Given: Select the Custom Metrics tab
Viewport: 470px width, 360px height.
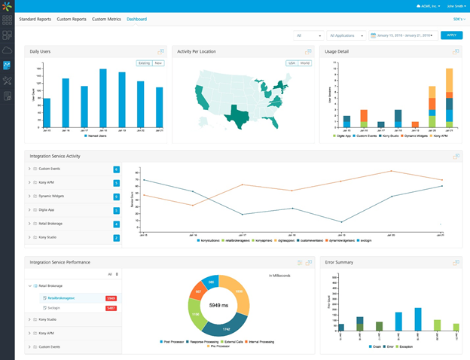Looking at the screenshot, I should pos(106,18).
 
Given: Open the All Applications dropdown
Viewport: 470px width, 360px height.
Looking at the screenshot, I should pos(346,35).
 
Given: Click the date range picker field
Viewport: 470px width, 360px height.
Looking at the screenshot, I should pos(404,35).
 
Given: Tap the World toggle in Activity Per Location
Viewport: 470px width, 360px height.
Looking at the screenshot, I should pos(304,63).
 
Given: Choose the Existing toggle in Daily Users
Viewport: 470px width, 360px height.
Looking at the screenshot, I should pos(144,63).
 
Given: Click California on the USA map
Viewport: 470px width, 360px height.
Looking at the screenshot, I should pos(200,96).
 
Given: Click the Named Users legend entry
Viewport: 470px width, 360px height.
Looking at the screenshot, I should pos(93,136).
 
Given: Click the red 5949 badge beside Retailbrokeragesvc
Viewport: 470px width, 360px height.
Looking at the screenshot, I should pos(111,299).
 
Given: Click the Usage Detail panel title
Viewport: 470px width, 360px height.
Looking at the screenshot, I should pos(337,52).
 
